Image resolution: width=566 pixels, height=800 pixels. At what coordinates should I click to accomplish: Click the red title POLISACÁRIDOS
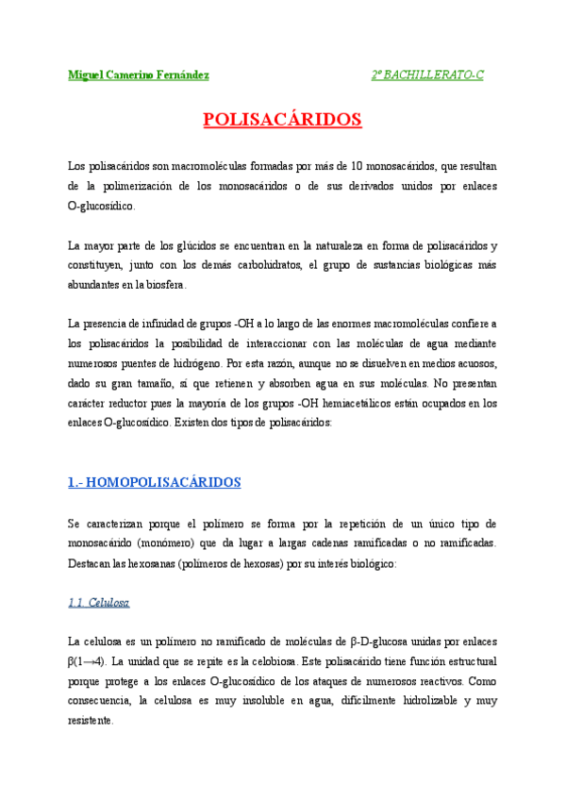(282, 120)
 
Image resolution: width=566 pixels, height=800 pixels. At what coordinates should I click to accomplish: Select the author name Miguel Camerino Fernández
(139, 75)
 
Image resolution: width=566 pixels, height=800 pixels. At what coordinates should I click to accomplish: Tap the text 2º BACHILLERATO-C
(427, 75)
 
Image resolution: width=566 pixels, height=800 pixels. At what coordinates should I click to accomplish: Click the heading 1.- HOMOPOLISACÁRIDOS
(155, 482)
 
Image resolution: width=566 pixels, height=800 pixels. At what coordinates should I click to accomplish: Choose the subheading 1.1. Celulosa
(99, 602)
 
